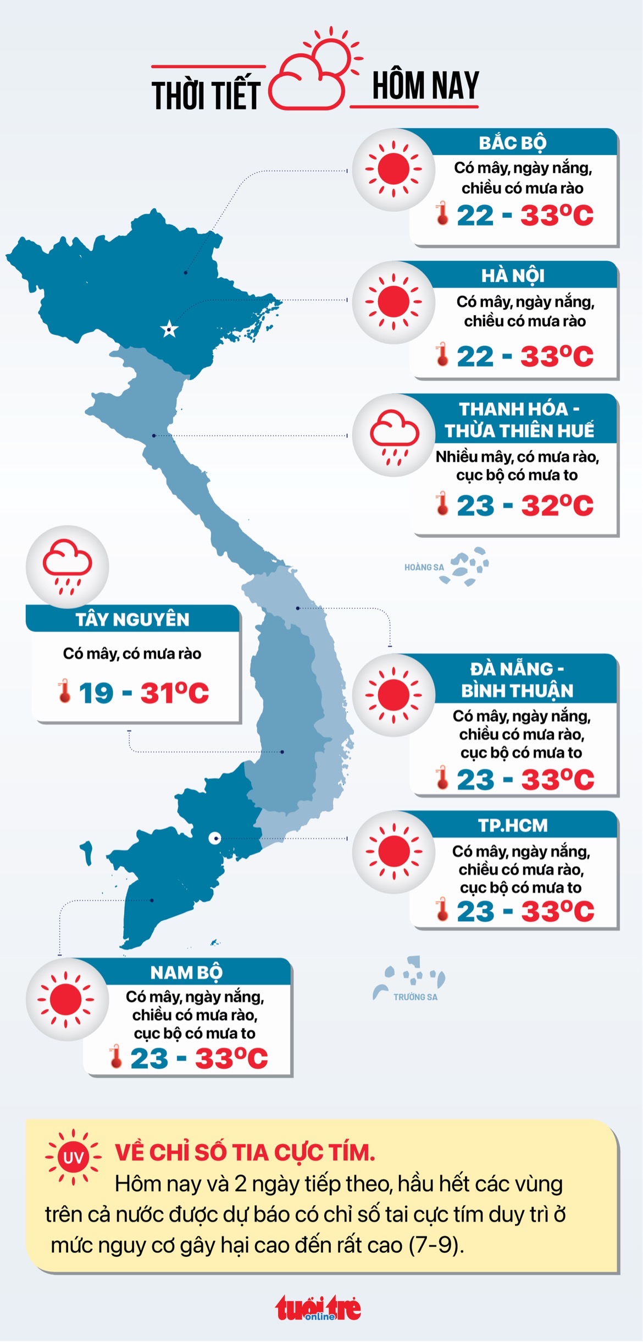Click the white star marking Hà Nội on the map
pyautogui.click(x=169, y=329)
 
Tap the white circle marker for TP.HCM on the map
pyautogui.click(x=215, y=838)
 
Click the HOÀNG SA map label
pyautogui.click(x=424, y=567)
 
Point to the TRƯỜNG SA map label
pyautogui.click(x=415, y=997)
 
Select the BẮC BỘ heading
pyautogui.click(x=512, y=143)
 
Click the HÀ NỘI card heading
pyautogui.click(x=512, y=276)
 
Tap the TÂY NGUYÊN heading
pyautogui.click(x=132, y=619)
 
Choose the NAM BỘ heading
pyautogui.click(x=186, y=972)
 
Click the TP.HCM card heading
pyautogui.click(x=513, y=826)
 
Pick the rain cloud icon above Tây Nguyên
pyautogui.click(x=67, y=566)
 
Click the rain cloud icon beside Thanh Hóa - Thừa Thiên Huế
pyautogui.click(x=394, y=436)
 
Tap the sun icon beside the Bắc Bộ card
pyautogui.click(x=393, y=169)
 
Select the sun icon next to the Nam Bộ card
pyautogui.click(x=66, y=999)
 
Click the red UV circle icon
pyautogui.click(x=73, y=1158)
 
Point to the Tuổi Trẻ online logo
pyautogui.click(x=318, y=1308)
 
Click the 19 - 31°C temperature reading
pyautogui.click(x=143, y=692)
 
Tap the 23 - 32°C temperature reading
pyautogui.click(x=524, y=505)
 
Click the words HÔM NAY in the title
pyautogui.click(x=425, y=86)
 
